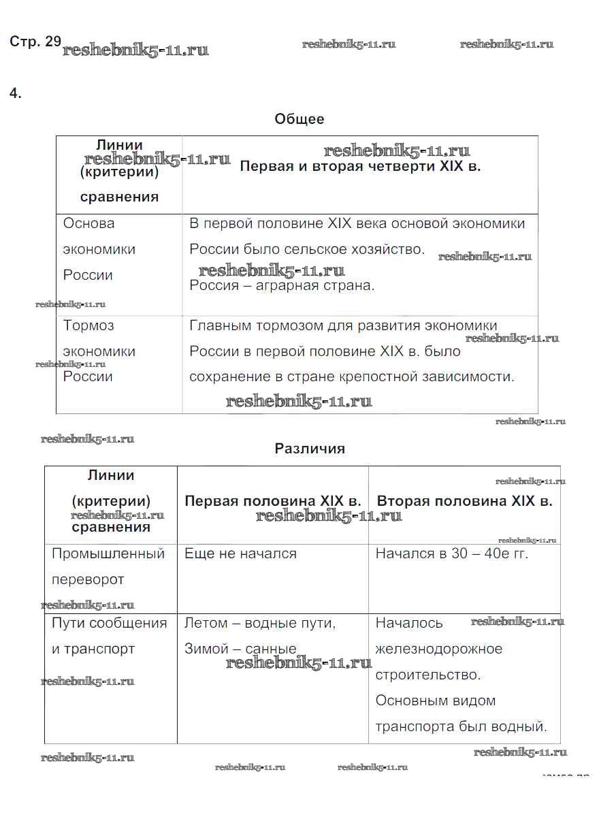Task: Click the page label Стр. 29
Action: [x=35, y=42]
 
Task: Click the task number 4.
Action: [x=16, y=94]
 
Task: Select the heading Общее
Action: [x=299, y=119]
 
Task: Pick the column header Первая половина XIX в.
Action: [x=272, y=501]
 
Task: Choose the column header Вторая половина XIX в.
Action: [x=464, y=501]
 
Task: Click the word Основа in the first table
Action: [x=89, y=223]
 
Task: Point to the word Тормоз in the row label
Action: [x=88, y=325]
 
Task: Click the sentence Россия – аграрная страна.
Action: [x=282, y=285]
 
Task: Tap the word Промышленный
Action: [x=108, y=553]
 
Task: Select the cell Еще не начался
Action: [x=240, y=553]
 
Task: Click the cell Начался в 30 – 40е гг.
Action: [x=452, y=553]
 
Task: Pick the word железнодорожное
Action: [x=439, y=649]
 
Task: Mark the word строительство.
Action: [x=427, y=675]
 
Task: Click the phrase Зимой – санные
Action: [x=240, y=649]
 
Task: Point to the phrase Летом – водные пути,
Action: [x=260, y=623]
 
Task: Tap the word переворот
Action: [x=88, y=579]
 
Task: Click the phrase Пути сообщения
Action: [x=109, y=623]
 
